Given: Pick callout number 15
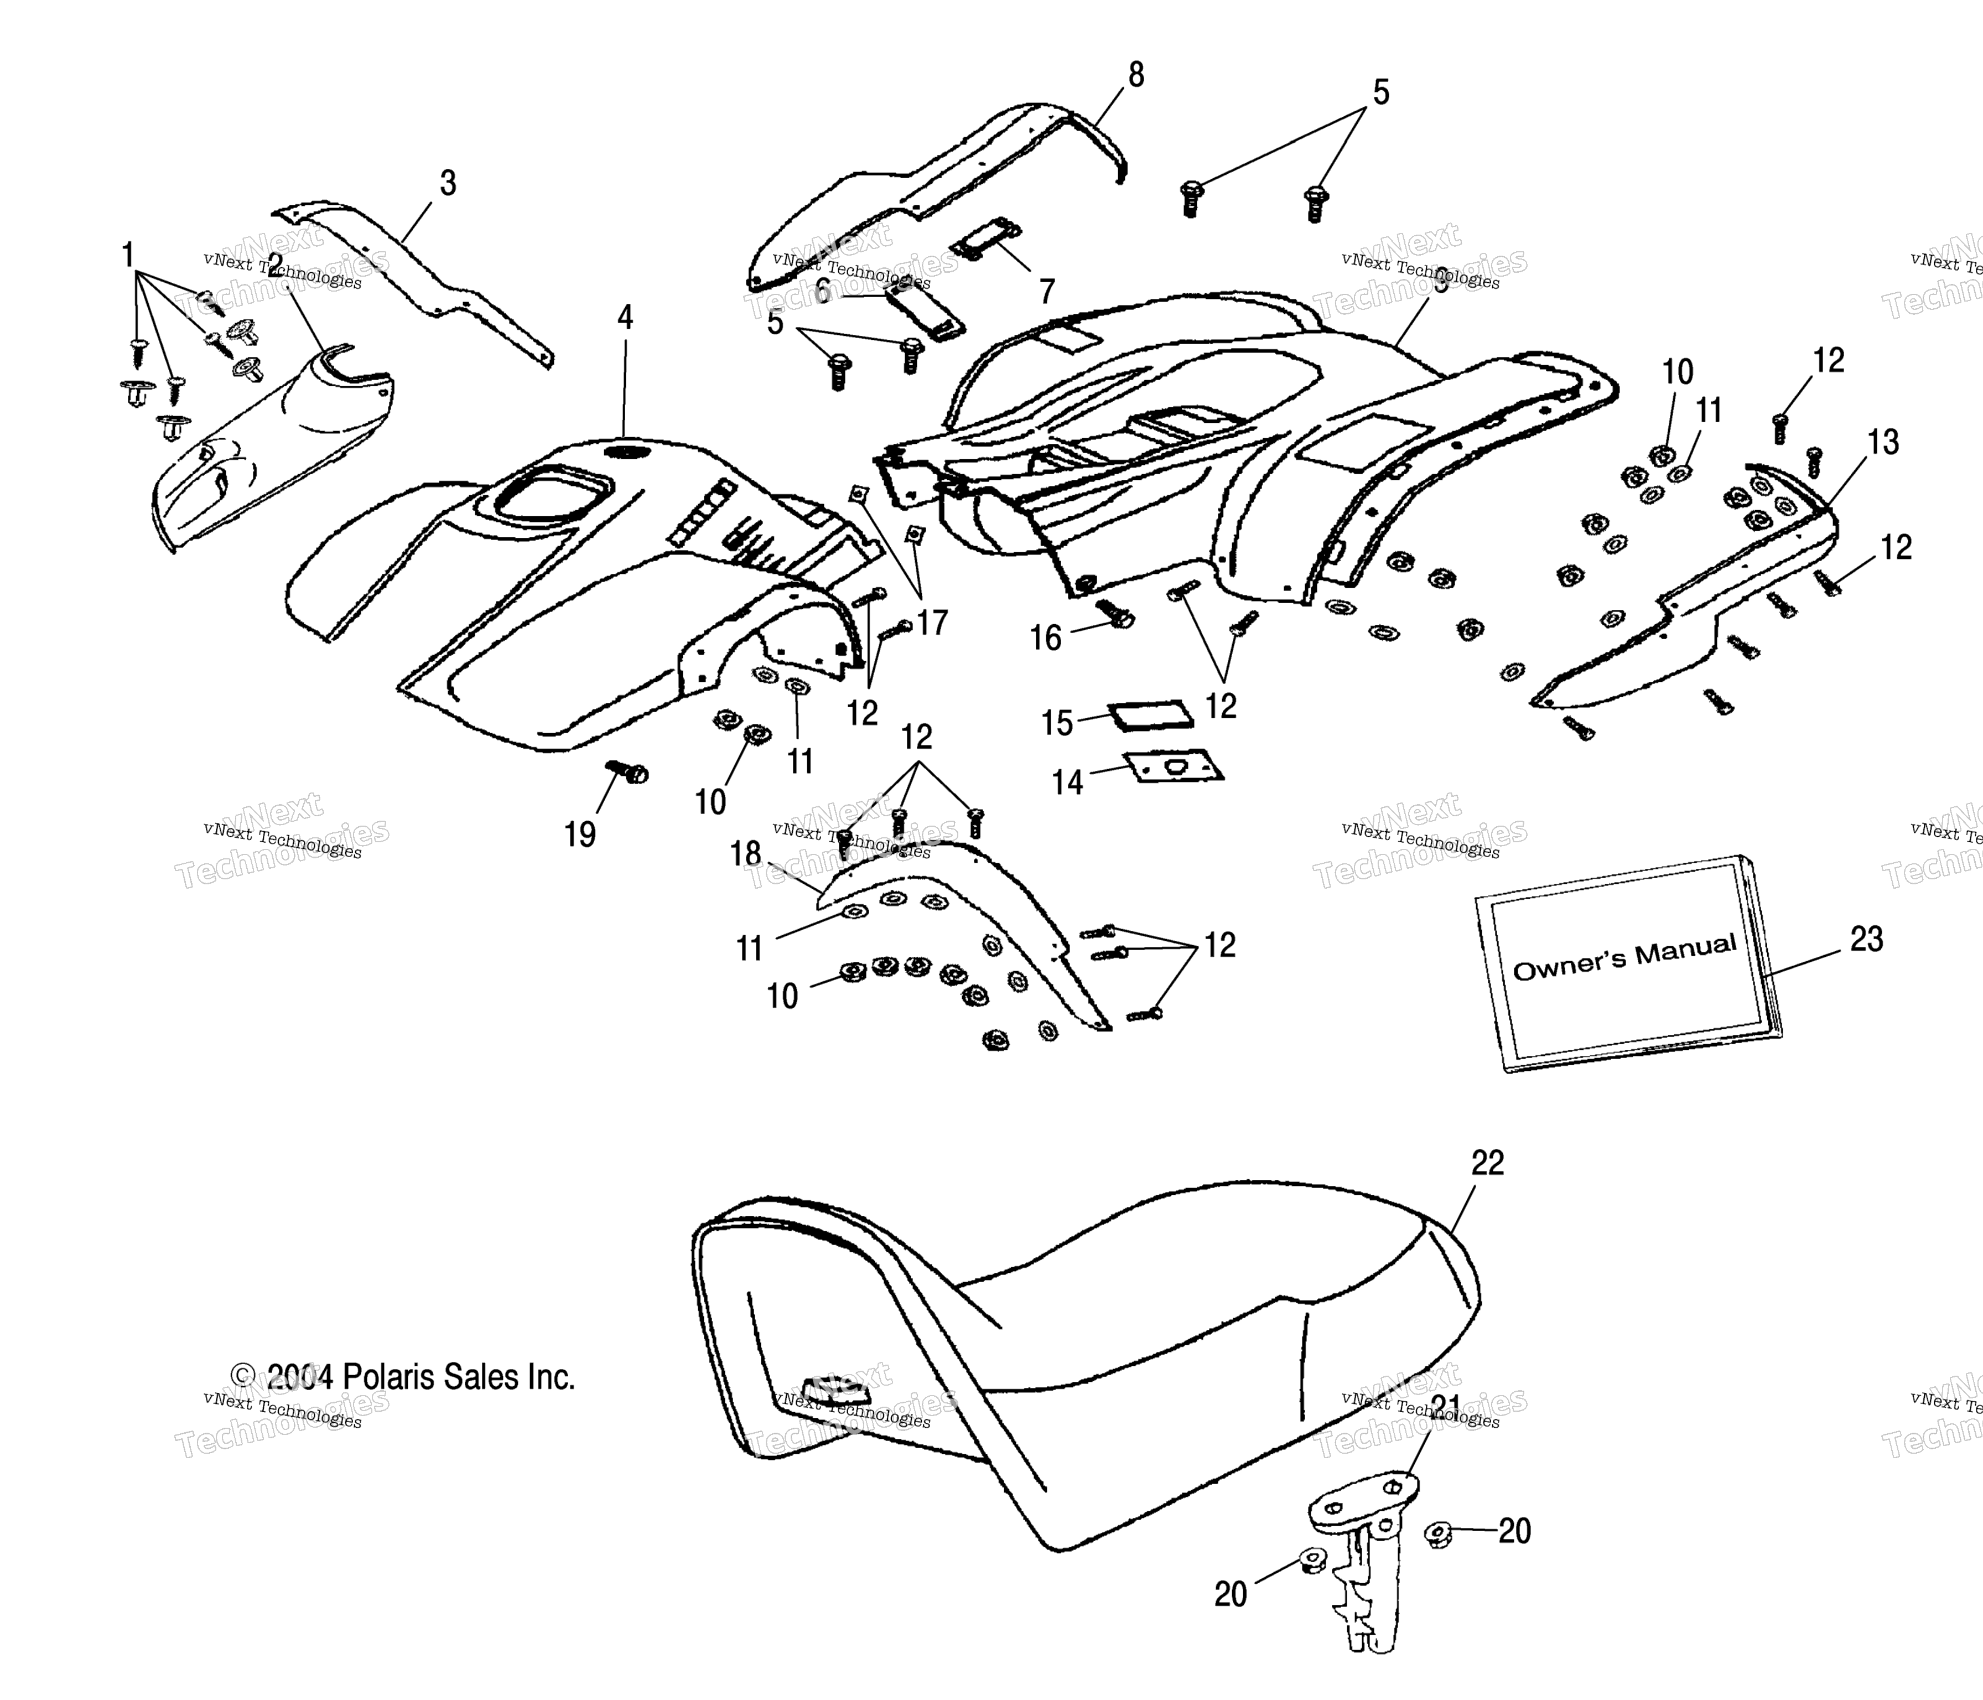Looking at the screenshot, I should coord(1057,723).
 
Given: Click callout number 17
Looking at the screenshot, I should coord(931,623).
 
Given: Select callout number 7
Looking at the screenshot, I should coord(1047,291).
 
